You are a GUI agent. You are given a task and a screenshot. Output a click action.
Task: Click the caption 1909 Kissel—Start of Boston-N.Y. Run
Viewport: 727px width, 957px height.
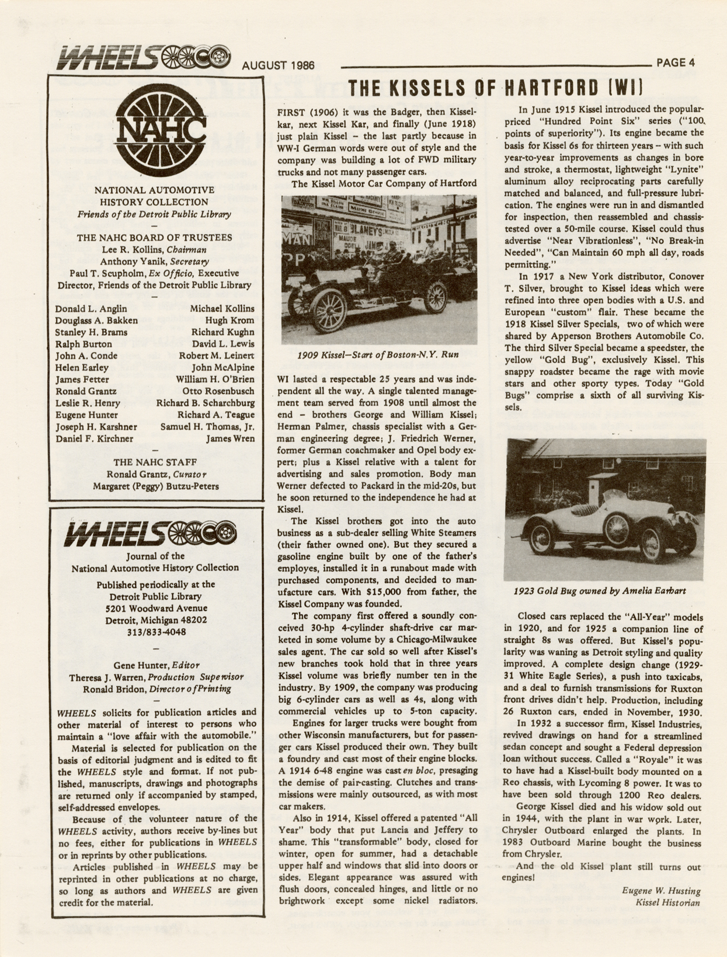pyautogui.click(x=378, y=354)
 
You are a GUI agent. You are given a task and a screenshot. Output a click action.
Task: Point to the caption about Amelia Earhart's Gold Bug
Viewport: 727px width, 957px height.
pyautogui.click(x=600, y=590)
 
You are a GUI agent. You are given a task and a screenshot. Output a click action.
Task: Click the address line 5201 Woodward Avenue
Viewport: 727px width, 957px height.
pyautogui.click(x=155, y=608)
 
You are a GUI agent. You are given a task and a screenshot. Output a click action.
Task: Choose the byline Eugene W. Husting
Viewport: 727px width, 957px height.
pyautogui.click(x=660, y=890)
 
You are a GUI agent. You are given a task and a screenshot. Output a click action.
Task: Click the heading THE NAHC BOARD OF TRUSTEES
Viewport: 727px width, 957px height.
pyautogui.click(x=155, y=237)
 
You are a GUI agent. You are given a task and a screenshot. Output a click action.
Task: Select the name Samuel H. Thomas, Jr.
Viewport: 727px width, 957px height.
pyautogui.click(x=207, y=426)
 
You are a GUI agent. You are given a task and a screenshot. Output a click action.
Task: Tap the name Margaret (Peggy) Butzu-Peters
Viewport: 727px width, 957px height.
pyautogui.click(x=156, y=486)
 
